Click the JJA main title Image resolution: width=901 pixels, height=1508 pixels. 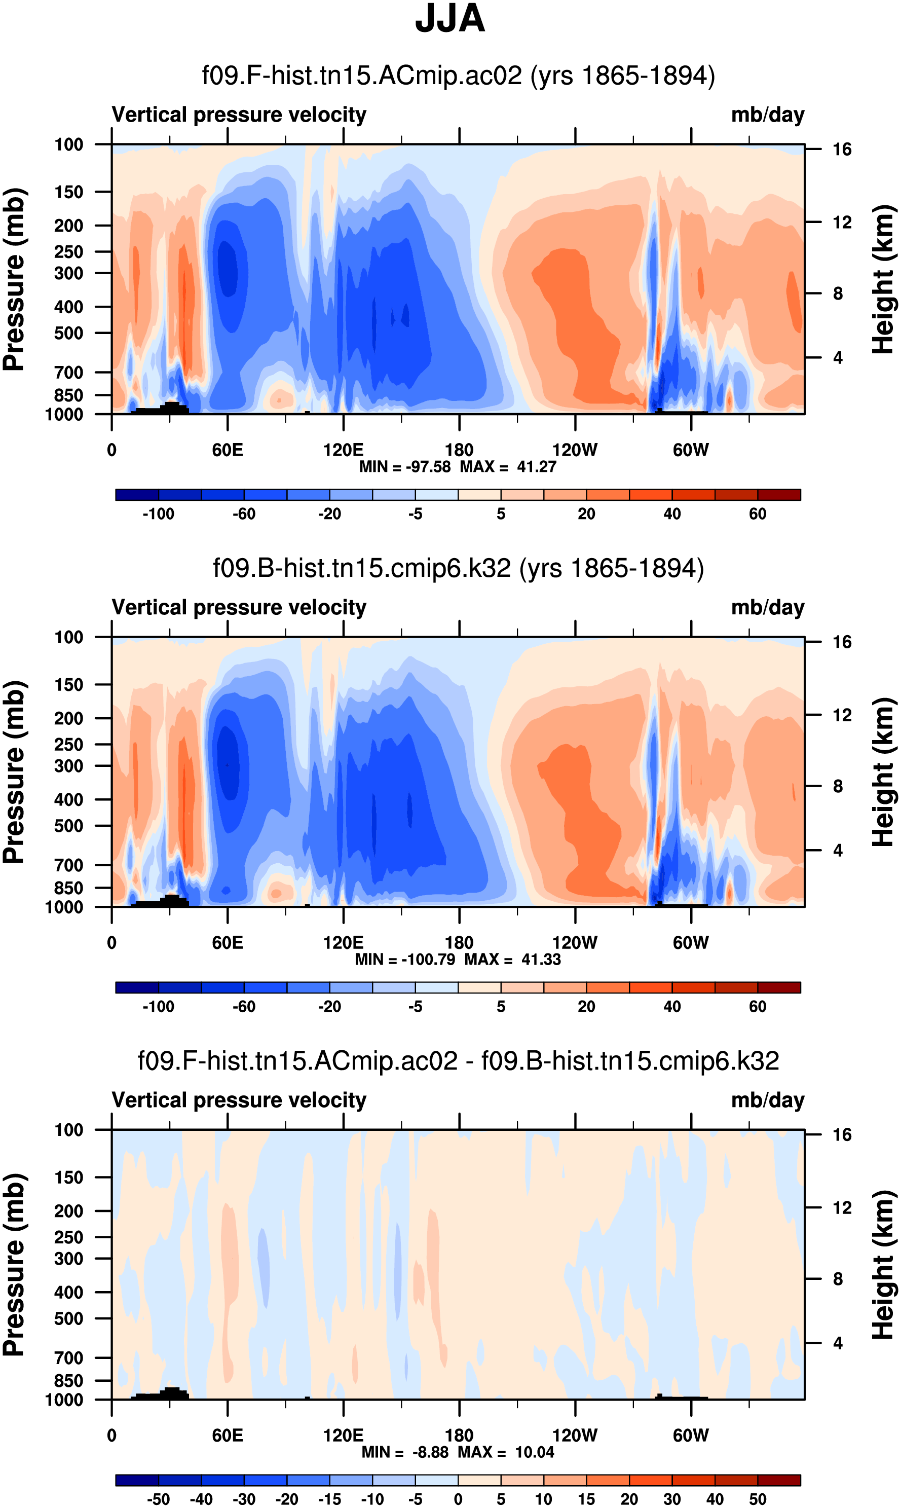pyautogui.click(x=450, y=19)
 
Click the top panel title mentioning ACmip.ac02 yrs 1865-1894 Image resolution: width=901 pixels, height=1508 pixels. pyautogui.click(x=459, y=76)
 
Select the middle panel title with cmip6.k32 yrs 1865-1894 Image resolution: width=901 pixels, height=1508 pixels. pyautogui.click(x=459, y=568)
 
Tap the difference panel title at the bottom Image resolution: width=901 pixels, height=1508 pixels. pyautogui.click(x=459, y=1061)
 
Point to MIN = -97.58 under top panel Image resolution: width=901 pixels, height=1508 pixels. pyautogui.click(x=405, y=467)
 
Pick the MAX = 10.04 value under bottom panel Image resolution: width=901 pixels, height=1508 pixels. pyautogui.click(x=506, y=1452)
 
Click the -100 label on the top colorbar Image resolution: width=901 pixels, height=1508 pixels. pyautogui.click(x=159, y=514)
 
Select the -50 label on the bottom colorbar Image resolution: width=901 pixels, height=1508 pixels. pyautogui.click(x=159, y=1499)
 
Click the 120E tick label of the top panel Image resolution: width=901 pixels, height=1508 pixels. pyautogui.click(x=343, y=451)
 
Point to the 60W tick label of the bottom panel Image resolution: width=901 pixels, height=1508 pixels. pyautogui.click(x=691, y=1436)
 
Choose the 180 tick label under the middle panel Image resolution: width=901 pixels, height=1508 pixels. pyautogui.click(x=459, y=943)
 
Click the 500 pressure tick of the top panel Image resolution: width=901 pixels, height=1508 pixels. pyautogui.click(x=68, y=334)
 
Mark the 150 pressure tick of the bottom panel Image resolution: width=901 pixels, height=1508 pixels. pyautogui.click(x=68, y=1178)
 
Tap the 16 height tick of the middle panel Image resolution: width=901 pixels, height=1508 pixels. pyautogui.click(x=842, y=642)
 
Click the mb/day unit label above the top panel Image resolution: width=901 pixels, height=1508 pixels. pyautogui.click(x=767, y=115)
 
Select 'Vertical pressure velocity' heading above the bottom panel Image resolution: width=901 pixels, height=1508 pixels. pyautogui.click(x=239, y=1100)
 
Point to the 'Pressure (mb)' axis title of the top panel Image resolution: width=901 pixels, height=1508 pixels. pyautogui.click(x=15, y=279)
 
